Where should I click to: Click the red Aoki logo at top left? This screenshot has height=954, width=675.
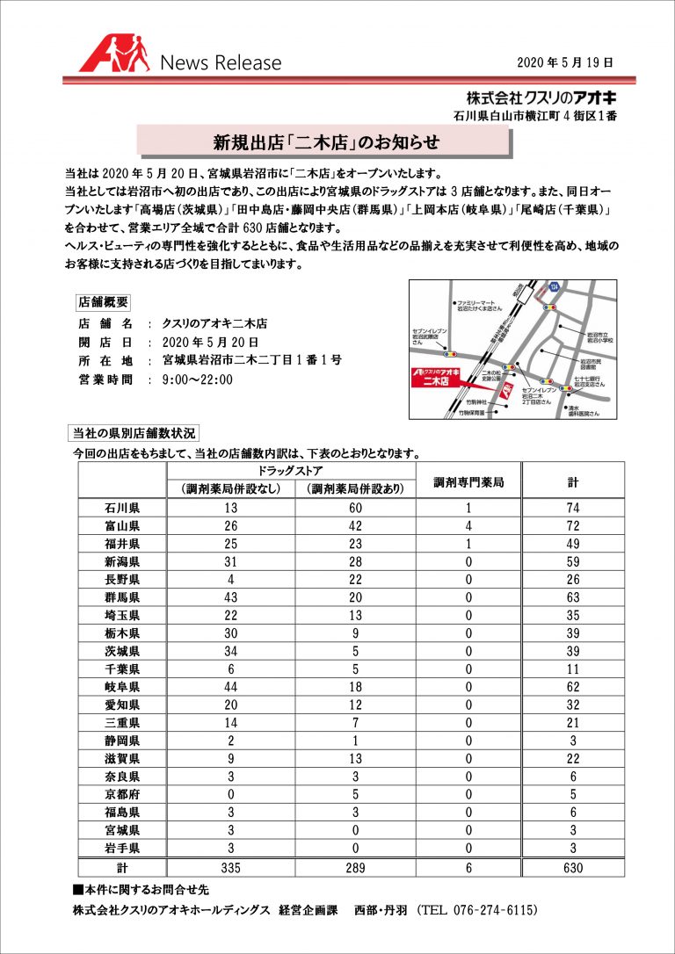[115, 54]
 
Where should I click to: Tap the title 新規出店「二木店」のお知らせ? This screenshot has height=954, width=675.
[325, 141]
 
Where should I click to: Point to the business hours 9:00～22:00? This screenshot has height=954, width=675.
[198, 379]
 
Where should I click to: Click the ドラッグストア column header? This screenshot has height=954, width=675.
[291, 472]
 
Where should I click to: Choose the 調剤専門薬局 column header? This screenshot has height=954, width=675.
[469, 481]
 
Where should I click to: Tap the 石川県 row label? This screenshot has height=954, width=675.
[122, 508]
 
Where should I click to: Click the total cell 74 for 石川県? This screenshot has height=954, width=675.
[572, 508]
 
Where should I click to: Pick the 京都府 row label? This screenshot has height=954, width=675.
[122, 794]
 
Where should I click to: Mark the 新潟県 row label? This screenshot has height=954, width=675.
[122, 561]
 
